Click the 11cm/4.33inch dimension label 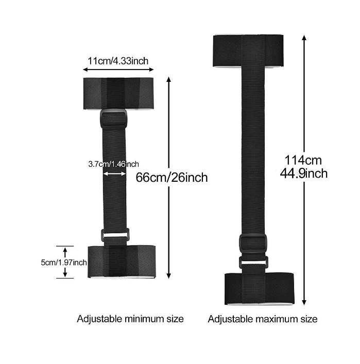(x=118, y=61)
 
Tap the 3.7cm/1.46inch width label (x=114, y=164)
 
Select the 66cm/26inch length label (x=172, y=178)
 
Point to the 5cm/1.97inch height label (x=64, y=263)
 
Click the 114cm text (x=303, y=160)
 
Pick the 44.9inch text (x=304, y=174)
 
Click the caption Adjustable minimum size (x=130, y=319)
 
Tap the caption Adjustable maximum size (x=263, y=319)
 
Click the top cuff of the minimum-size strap (x=118, y=93)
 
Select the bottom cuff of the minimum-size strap (x=122, y=261)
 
